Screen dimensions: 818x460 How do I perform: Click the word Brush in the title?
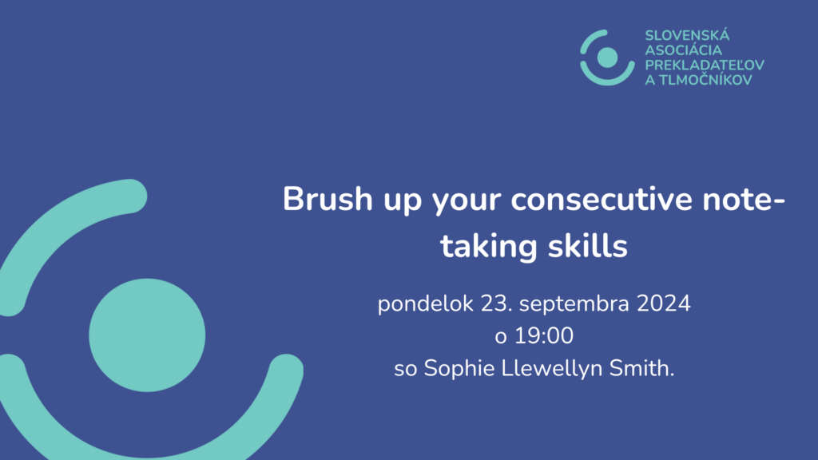(328, 199)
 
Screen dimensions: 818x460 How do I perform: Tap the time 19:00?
(544, 335)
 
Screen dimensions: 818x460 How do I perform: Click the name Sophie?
(459, 369)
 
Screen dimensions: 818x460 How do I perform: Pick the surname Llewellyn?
(551, 369)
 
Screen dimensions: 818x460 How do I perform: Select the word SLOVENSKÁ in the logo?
(687, 35)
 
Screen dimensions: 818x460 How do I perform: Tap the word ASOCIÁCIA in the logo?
(684, 50)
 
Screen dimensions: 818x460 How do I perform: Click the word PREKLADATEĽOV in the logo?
(705, 65)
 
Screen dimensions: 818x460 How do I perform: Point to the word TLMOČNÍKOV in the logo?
(705, 80)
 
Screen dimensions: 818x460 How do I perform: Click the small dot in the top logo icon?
(607, 57)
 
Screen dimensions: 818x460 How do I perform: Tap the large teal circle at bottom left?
(147, 335)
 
